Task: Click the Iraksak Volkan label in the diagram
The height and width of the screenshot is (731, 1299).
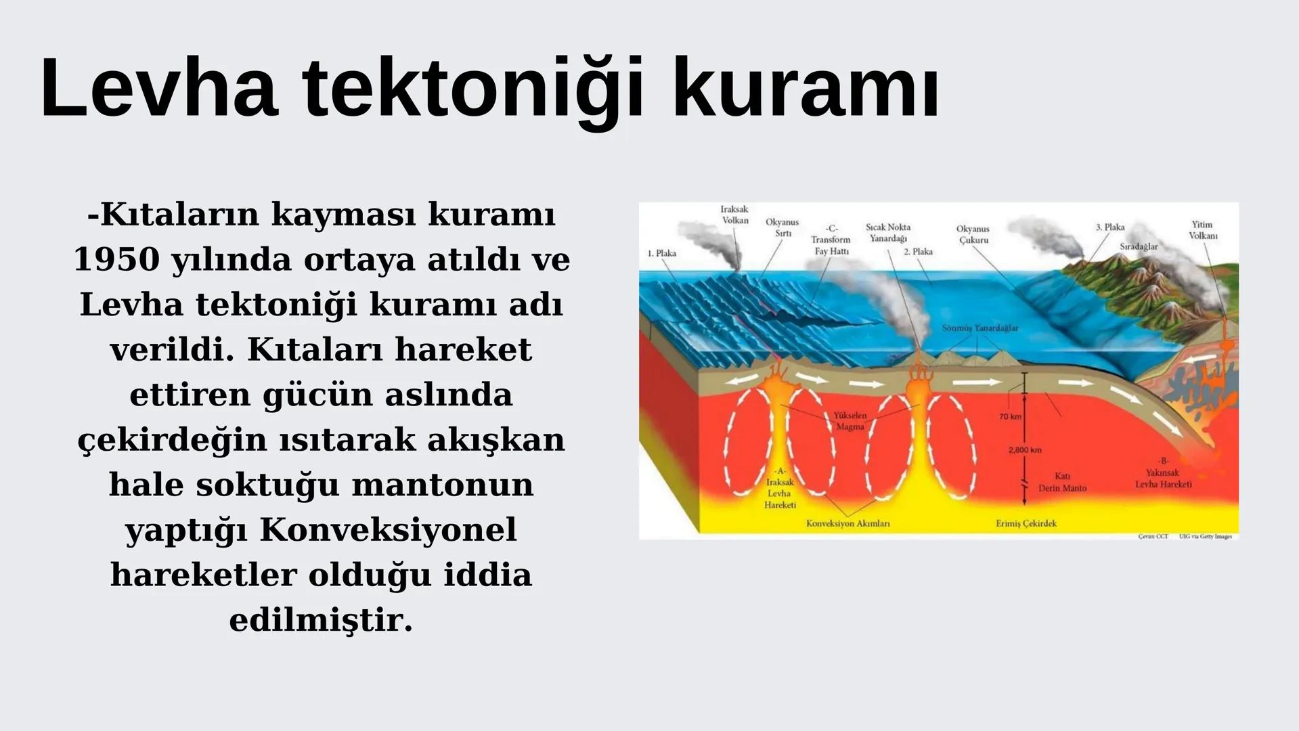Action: click(x=734, y=215)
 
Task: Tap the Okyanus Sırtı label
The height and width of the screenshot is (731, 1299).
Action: click(x=782, y=227)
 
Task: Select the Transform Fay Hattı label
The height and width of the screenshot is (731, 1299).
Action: click(x=831, y=240)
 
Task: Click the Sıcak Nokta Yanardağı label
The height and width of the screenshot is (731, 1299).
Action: click(x=888, y=233)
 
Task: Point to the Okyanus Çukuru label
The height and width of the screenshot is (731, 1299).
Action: click(x=973, y=234)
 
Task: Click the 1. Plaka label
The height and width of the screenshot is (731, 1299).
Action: click(x=661, y=253)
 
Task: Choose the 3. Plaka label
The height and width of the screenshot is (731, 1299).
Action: click(x=1110, y=227)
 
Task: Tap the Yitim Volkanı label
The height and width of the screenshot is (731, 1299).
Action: click(x=1203, y=230)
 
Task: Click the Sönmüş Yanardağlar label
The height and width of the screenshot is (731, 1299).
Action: click(x=979, y=328)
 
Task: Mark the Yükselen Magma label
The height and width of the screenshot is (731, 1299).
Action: click(x=850, y=421)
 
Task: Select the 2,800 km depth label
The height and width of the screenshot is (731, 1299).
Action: click(x=1024, y=450)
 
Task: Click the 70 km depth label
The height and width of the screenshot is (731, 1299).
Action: click(x=1009, y=417)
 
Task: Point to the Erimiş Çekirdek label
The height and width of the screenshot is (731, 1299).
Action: click(x=1026, y=523)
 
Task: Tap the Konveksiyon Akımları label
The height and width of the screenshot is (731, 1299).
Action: click(x=847, y=523)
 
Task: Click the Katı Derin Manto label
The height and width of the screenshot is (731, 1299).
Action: click(x=1062, y=483)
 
